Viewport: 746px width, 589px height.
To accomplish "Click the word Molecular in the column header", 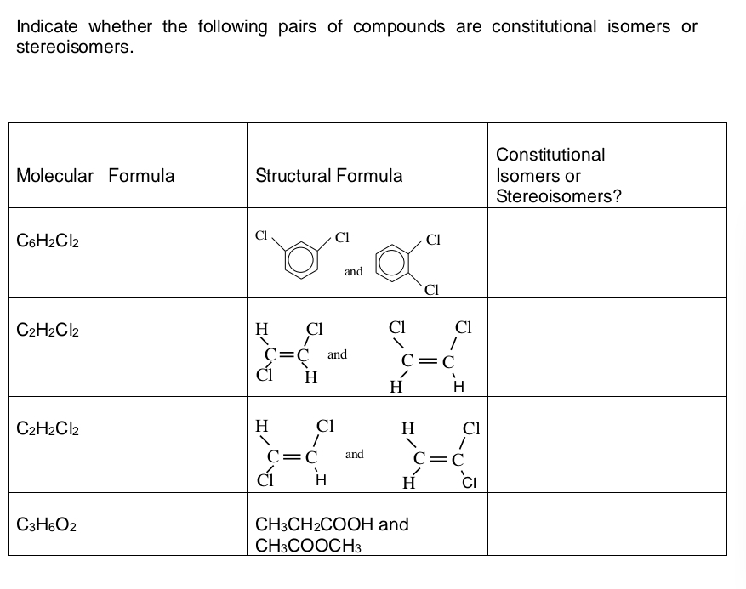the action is pos(55,176).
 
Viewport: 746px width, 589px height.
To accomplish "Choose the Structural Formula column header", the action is pos(329,176).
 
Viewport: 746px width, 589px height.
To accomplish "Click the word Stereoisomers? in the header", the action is pos(559,196).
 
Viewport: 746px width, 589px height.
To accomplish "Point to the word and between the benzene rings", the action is pos(354,271).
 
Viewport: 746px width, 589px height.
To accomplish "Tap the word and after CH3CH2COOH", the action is pos(392,524).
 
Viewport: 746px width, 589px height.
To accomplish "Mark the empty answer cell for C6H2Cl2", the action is pos(606,253).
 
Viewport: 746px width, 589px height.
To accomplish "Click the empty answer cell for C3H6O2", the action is pos(606,524).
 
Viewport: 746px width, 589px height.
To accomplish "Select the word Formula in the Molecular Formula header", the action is pos(142,176).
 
